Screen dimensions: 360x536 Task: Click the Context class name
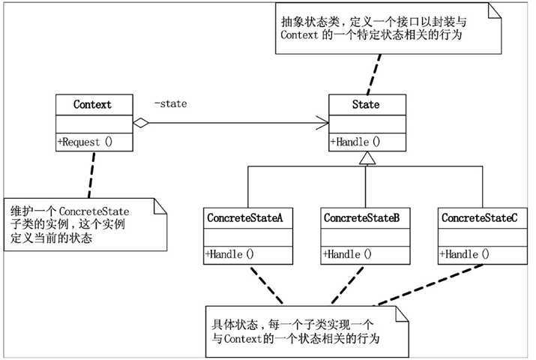point(92,104)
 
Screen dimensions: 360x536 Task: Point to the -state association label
point(170,103)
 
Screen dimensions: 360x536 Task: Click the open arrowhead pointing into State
point(322,123)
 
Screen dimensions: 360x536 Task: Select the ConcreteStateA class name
point(244,217)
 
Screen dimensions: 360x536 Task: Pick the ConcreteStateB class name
point(361,217)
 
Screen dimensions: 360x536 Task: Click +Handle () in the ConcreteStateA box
point(230,254)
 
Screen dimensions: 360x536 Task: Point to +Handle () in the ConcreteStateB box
point(347,254)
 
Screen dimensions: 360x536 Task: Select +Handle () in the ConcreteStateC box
point(464,254)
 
